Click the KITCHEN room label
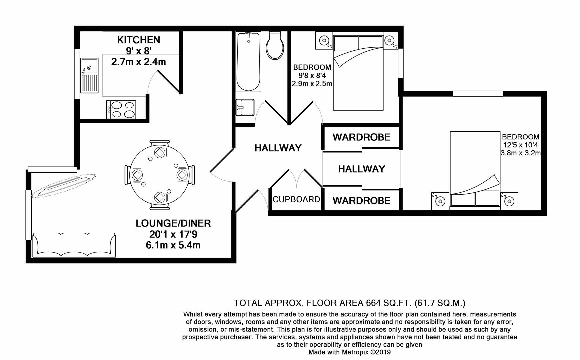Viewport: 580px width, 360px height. pos(139,40)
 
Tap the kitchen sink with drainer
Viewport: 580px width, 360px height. pos(89,75)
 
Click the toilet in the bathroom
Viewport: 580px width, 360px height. pos(275,46)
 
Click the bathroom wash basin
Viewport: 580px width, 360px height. pos(245,107)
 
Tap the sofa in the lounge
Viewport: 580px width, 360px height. pos(74,245)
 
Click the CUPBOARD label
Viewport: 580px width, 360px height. pos(296,199)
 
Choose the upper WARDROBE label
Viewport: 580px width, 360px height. pos(361,137)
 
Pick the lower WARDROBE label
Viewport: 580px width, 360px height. pos(361,201)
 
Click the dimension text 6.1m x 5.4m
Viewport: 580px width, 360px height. pos(173,245)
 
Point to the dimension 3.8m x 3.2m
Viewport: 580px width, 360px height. pos(520,153)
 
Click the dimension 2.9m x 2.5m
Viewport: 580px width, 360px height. pos(312,84)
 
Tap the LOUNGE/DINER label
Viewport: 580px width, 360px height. pos(173,223)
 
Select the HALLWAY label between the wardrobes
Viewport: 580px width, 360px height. pos(361,169)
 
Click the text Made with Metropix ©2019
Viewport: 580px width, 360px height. pos(349,352)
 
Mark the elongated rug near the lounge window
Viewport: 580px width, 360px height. pos(63,185)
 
